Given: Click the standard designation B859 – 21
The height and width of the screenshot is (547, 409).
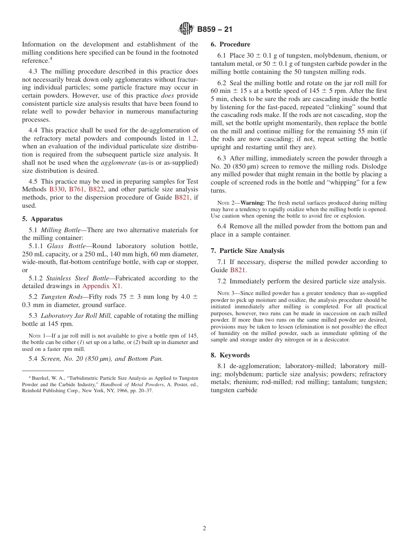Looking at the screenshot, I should pyautogui.click(x=214, y=29).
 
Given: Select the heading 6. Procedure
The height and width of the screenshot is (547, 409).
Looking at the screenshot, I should pyautogui.click(x=230, y=44).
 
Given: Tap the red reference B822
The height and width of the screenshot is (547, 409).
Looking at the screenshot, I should pyautogui.click(x=96, y=189).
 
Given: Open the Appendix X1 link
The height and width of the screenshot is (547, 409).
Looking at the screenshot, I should pyautogui.click(x=102, y=286).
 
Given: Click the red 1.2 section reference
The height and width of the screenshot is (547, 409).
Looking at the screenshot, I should pyautogui.click(x=192, y=138).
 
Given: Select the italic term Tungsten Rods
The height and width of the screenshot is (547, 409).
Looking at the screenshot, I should pyautogui.click(x=59, y=297).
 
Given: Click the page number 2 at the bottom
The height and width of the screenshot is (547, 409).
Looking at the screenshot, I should pyautogui.click(x=204, y=529).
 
